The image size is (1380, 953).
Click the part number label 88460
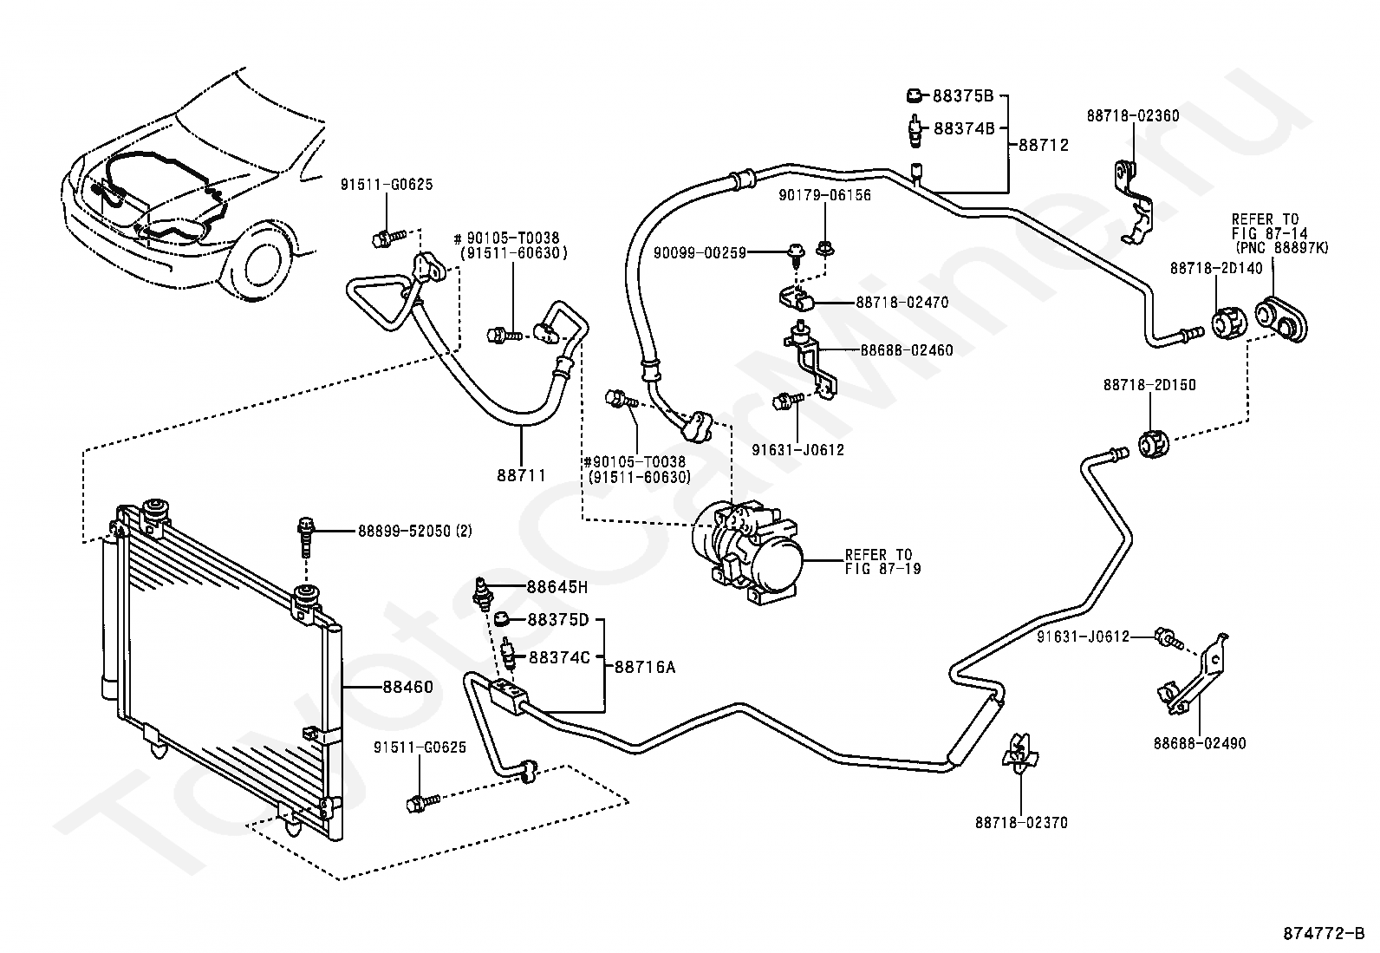pos(407,687)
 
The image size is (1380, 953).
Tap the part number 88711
pos(521,475)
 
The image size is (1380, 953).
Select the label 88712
pos(1044,145)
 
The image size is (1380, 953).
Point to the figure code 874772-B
pos(1324,933)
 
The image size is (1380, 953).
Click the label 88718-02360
pos(1133,116)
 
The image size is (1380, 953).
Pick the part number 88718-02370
pos(1021,822)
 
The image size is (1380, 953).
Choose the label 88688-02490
pos(1200,743)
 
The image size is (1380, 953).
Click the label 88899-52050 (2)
pos(414,531)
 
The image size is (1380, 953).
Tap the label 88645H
pos(557,587)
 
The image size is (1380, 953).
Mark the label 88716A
pos(645,667)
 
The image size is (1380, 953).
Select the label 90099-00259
pos(700,252)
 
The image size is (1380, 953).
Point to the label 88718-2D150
pos(1149,385)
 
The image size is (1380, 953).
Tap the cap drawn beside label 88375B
pos(914,95)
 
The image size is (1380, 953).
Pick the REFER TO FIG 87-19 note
pos(882,562)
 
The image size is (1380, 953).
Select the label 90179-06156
pos(825,195)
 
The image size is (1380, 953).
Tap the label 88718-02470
pos(902,302)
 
